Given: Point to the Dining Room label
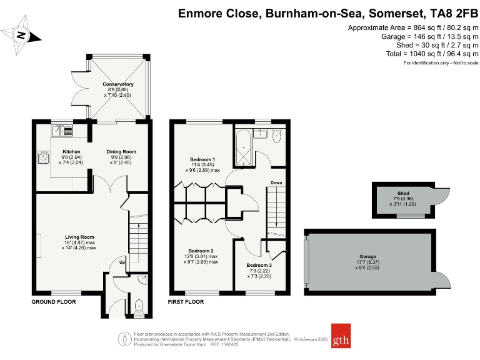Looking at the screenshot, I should (x=121, y=152).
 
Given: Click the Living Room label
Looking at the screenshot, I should (x=79, y=237).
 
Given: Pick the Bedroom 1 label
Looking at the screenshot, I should (x=202, y=159).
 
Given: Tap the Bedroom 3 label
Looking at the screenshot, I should (x=259, y=266).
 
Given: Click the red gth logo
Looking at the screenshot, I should (x=341, y=340).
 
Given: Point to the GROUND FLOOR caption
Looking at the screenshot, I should (x=54, y=302).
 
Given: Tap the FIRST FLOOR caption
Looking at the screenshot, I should (x=186, y=302).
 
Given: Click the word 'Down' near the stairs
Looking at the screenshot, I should (x=276, y=183).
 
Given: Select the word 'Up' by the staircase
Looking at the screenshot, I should (x=123, y=262).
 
